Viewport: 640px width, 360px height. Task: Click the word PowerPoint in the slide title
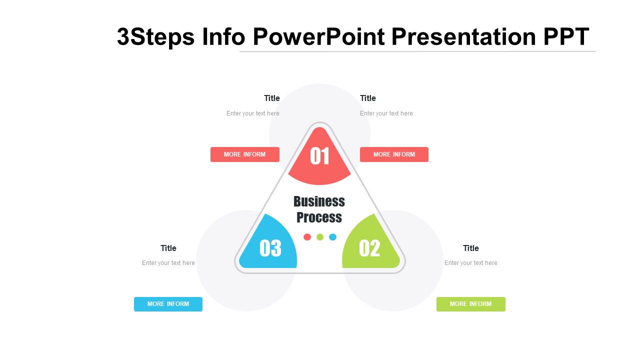point(319,37)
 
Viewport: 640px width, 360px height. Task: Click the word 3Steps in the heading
point(156,37)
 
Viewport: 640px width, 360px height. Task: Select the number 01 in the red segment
point(319,156)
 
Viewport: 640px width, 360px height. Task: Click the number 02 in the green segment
point(369,248)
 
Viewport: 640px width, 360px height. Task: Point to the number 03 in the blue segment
point(270,248)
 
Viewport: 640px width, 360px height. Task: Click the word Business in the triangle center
point(319,201)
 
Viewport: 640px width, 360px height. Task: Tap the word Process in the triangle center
point(319,217)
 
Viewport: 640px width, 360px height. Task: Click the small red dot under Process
point(307,237)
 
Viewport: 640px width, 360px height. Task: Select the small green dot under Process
point(320,237)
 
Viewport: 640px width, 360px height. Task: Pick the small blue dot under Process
point(332,237)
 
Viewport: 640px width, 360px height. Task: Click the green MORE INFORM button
point(471,304)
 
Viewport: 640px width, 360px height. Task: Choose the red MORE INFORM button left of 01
point(245,154)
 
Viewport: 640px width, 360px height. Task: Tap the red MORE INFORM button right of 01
point(394,154)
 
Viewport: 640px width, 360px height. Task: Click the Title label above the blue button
point(168,248)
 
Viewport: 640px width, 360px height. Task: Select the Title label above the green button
point(471,248)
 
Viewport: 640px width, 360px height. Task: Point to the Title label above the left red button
point(271,98)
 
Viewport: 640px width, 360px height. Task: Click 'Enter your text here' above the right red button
point(386,113)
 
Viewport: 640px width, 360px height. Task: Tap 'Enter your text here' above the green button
point(471,263)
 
